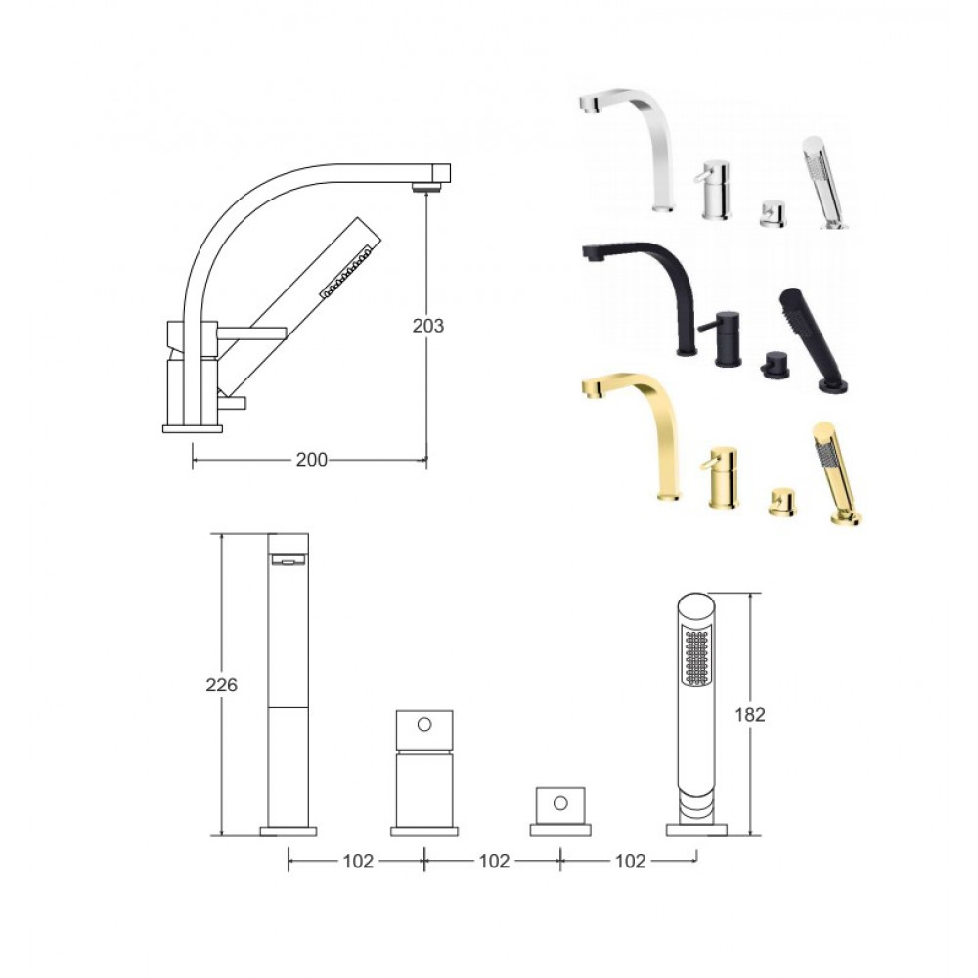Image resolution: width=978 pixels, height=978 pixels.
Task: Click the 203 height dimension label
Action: click(428, 325)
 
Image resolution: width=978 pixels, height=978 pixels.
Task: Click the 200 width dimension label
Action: click(311, 460)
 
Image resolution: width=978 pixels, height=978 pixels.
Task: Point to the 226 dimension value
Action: click(221, 685)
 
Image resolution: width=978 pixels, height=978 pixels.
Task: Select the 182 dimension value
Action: click(749, 714)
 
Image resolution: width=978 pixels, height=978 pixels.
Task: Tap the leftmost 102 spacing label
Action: click(358, 861)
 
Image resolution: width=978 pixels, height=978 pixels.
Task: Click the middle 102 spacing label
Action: click(494, 861)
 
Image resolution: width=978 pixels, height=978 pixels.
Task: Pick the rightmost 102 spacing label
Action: click(630, 861)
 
